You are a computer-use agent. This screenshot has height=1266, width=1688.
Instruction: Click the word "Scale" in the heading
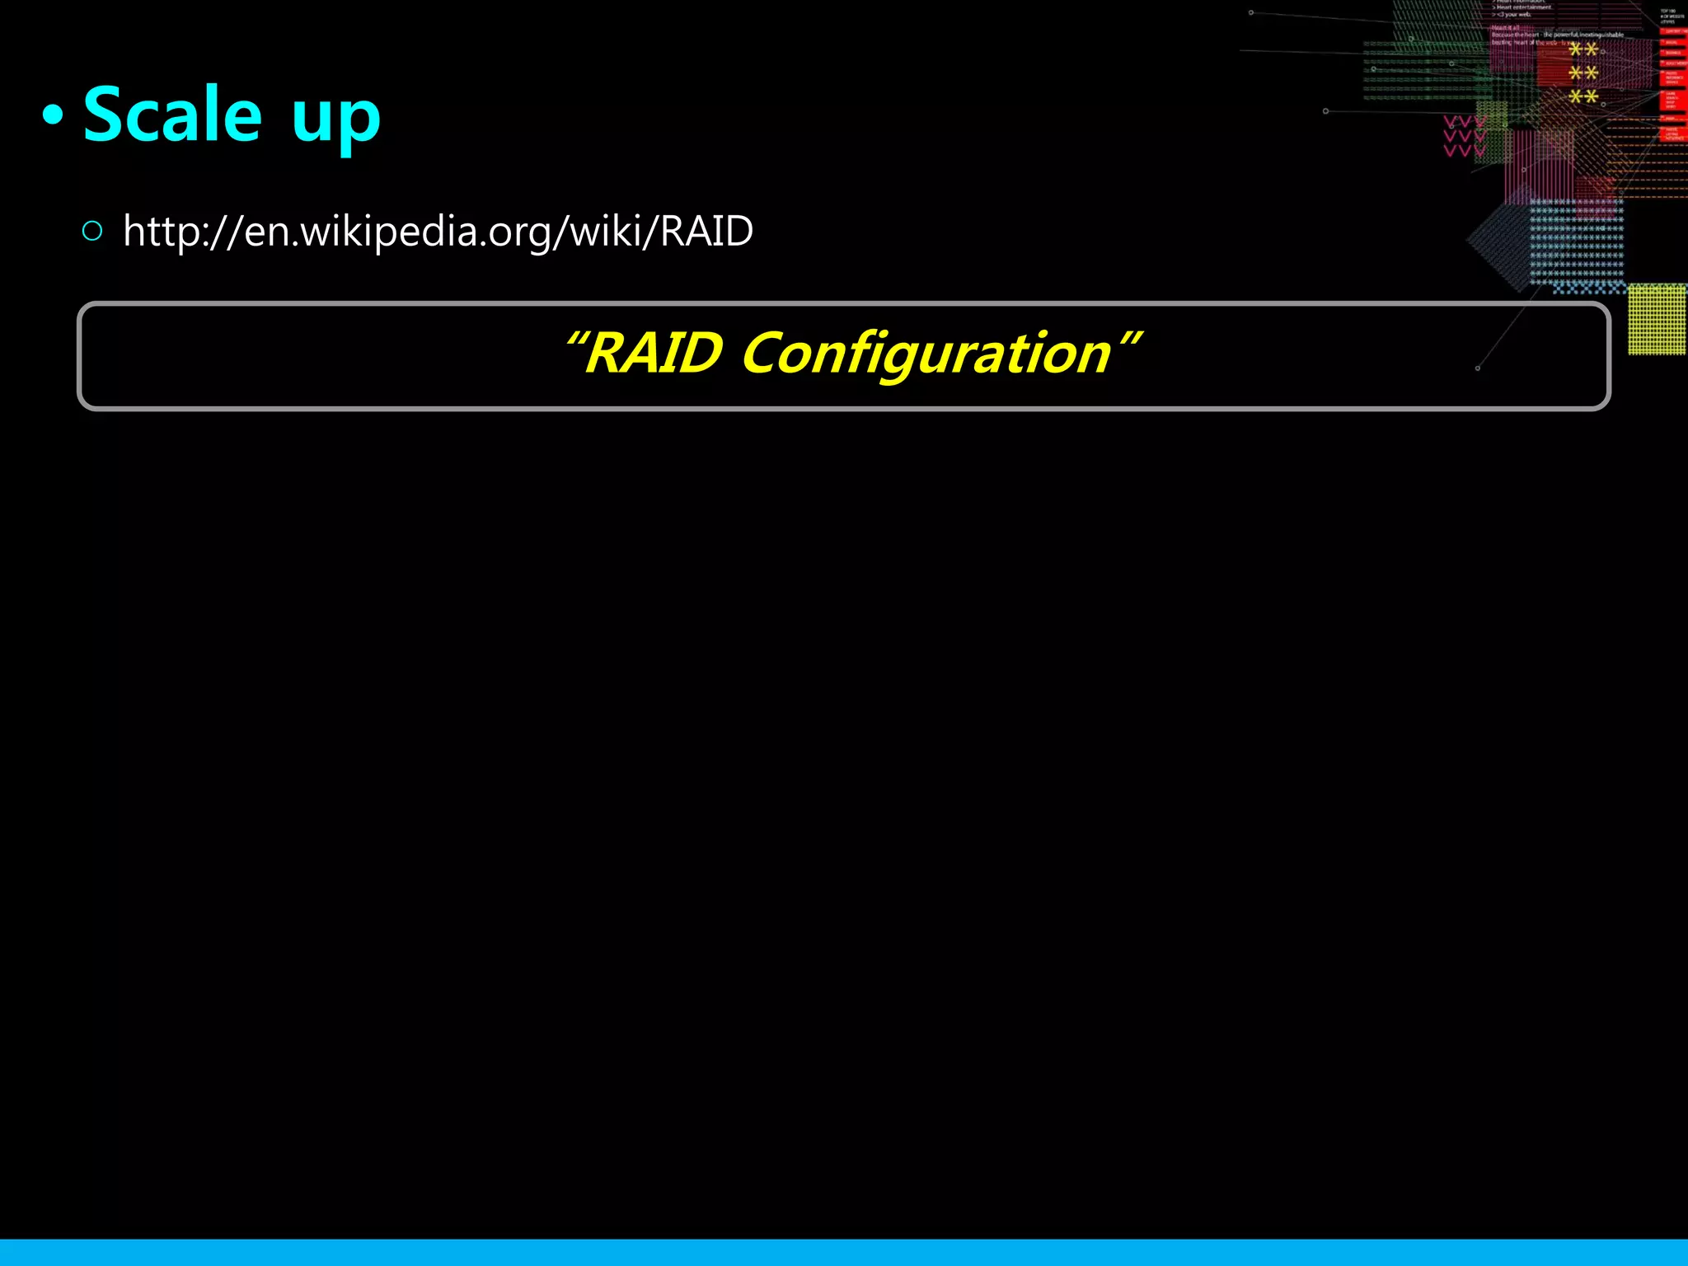click(172, 115)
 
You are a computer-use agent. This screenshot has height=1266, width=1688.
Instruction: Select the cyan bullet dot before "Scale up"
click(53, 116)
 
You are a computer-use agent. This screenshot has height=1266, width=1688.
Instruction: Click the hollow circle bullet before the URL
click(92, 231)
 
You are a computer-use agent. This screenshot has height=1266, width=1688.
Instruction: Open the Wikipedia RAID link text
click(438, 231)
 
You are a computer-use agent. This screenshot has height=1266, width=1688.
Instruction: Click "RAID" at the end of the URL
click(706, 231)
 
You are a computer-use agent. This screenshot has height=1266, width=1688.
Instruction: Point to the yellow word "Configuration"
click(926, 354)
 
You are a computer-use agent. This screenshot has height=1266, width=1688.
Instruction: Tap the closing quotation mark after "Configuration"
click(1131, 339)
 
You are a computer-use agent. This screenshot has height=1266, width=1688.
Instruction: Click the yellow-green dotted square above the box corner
click(1657, 319)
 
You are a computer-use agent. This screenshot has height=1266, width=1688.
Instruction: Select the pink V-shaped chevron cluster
click(1464, 137)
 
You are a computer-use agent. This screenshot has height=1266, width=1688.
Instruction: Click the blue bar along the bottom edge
click(844, 1252)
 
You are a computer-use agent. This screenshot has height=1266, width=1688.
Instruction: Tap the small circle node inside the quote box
click(1478, 368)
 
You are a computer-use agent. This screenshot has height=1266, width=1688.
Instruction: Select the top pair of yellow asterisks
click(1583, 49)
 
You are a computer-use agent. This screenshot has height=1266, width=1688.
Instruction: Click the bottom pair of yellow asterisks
click(1583, 97)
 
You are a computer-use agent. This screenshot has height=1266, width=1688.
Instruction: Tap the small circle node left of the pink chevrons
click(1325, 111)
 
